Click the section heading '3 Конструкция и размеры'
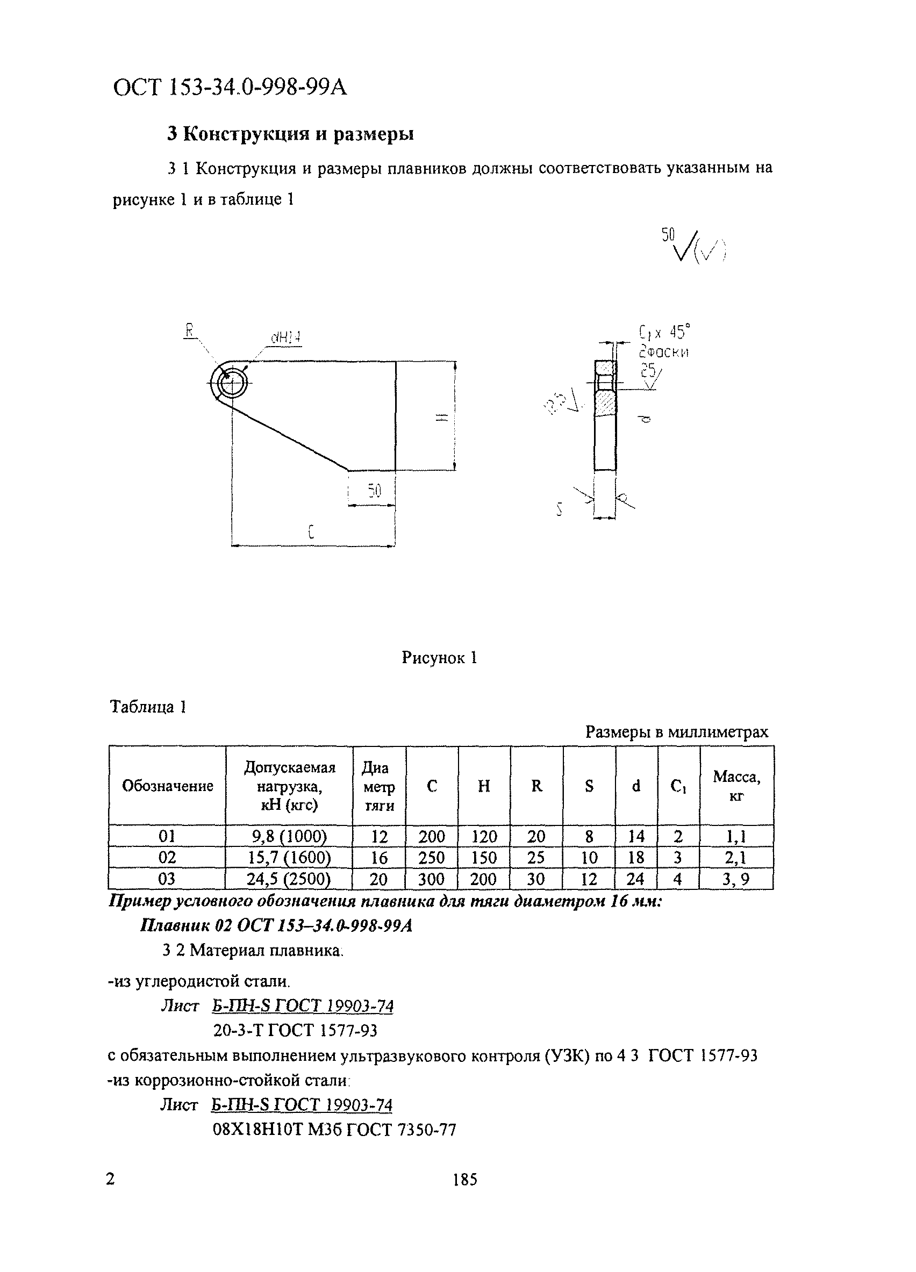(291, 134)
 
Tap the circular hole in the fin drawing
(230, 384)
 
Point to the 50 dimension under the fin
(374, 491)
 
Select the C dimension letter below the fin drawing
(311, 531)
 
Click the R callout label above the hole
(190, 331)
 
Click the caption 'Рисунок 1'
(439, 657)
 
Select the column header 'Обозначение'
(167, 786)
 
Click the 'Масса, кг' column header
(736, 786)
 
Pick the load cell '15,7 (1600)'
(289, 858)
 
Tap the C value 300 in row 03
(431, 879)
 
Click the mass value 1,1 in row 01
(736, 837)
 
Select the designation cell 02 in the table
(167, 858)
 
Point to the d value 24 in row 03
(635, 879)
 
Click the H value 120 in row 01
(483, 837)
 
